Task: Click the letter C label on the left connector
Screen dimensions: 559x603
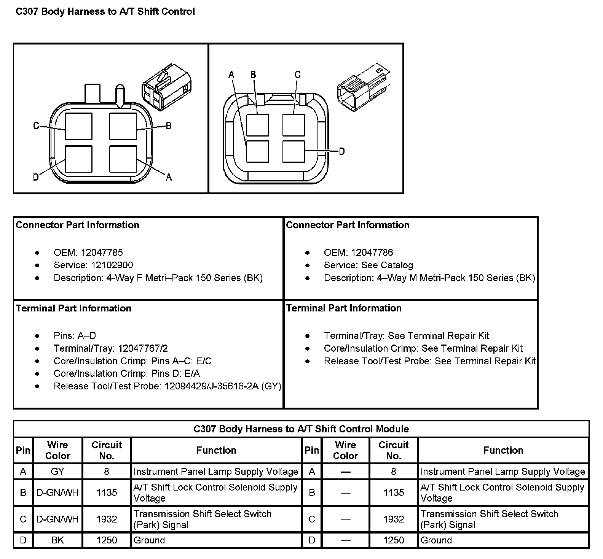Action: (36, 125)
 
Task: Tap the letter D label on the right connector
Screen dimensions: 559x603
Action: (342, 151)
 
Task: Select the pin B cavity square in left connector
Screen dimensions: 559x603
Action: (123, 126)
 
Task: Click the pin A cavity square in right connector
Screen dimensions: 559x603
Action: (257, 151)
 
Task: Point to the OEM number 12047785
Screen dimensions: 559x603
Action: (102, 253)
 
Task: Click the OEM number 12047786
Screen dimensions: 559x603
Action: (372, 253)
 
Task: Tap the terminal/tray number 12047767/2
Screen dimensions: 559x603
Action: (143, 348)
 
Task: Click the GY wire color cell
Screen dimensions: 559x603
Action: (57, 472)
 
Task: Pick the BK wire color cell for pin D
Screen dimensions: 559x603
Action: (57, 540)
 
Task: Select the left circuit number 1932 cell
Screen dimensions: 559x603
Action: (107, 519)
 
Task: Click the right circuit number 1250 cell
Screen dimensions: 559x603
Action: (394, 540)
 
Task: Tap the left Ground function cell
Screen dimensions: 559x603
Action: (149, 540)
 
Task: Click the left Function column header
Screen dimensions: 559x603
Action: (216, 450)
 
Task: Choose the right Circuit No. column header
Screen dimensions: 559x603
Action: (394, 450)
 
